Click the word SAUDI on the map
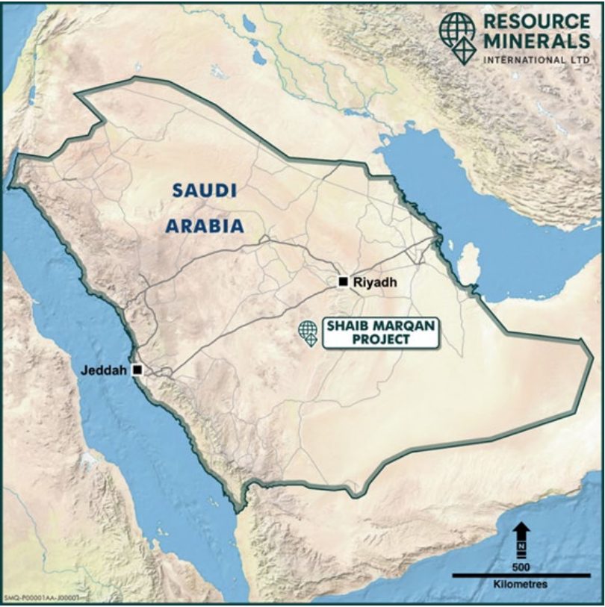[204, 190]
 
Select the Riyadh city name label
[375, 282]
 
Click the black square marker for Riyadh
[343, 281]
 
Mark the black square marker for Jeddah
[137, 370]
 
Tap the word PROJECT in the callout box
[380, 339]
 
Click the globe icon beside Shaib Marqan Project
[307, 331]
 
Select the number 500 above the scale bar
[521, 564]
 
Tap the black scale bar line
[521, 575]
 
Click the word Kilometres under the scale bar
[521, 585]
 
